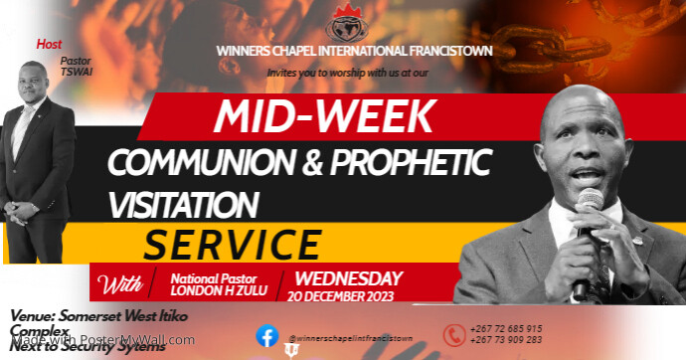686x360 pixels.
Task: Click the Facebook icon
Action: [266, 336]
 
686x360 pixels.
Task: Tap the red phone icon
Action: [454, 335]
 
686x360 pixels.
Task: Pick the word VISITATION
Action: [185, 203]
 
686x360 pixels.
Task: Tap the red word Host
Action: [49, 45]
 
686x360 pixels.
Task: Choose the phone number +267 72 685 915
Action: [507, 329]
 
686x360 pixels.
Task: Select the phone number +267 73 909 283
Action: [507, 340]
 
